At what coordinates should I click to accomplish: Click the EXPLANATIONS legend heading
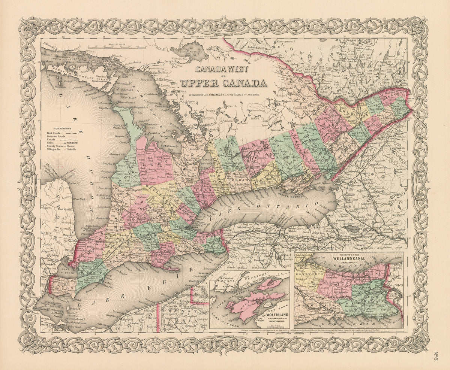[63, 128]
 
